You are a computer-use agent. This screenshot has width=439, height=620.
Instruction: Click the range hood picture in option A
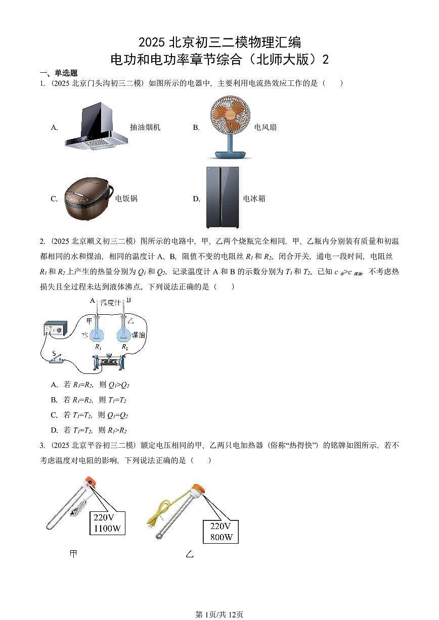[96, 126]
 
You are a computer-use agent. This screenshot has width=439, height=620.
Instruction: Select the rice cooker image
[87, 199]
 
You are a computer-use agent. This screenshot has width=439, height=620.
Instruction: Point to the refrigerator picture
[223, 198]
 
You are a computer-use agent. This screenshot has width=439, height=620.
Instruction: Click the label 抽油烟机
[145, 127]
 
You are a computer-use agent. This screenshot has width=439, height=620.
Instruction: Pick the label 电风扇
[266, 127]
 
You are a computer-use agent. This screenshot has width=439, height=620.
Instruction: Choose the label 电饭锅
[126, 199]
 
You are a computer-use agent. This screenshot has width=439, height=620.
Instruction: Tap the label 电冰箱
[254, 199]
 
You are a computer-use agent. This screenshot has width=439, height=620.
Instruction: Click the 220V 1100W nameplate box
[107, 523]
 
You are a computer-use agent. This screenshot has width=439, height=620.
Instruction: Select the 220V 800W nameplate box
[221, 532]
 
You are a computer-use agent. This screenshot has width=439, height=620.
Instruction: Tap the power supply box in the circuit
[54, 330]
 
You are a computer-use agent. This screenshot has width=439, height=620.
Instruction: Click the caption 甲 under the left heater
[73, 554]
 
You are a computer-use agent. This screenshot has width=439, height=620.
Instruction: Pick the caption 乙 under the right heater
[190, 554]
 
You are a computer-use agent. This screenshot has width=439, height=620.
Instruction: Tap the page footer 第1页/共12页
[219, 614]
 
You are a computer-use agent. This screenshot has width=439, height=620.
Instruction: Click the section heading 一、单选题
[58, 73]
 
